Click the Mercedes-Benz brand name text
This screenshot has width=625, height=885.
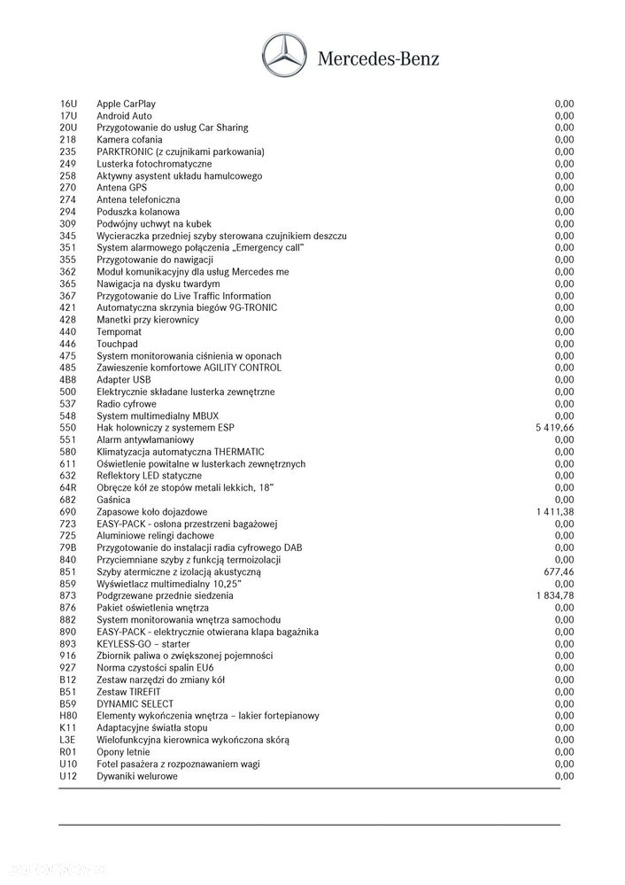(377, 59)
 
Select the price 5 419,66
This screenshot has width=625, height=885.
(554, 427)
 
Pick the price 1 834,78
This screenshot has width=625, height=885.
(554, 596)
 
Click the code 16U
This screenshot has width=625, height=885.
(68, 104)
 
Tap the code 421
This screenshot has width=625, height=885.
(67, 307)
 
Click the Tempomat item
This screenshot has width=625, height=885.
(119, 331)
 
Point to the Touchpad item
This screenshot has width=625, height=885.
(118, 344)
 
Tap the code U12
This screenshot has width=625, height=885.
(68, 776)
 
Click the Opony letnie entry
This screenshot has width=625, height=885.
(123, 752)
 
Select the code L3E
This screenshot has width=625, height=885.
(68, 740)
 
